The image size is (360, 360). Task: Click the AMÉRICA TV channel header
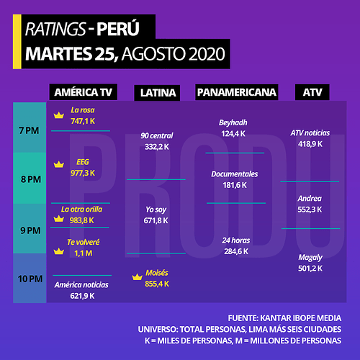(x=84, y=92)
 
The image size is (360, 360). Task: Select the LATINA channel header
(x=157, y=93)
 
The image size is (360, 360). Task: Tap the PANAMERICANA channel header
(x=237, y=92)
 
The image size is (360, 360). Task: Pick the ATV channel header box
(x=312, y=92)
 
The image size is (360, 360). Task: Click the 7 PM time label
(x=29, y=130)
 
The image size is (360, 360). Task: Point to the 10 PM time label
(x=30, y=279)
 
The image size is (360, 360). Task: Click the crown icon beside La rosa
(x=59, y=115)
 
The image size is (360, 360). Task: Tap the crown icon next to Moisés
(x=138, y=277)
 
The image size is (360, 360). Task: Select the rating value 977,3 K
(x=83, y=173)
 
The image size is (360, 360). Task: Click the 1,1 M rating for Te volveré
(x=84, y=253)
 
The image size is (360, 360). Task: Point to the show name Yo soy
(x=156, y=210)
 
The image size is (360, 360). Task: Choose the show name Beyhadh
(x=233, y=122)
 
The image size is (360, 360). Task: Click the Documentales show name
(x=235, y=174)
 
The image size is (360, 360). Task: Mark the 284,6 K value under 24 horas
(x=236, y=251)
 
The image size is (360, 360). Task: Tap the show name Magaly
(x=310, y=258)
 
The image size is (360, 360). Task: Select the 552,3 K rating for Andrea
(x=310, y=210)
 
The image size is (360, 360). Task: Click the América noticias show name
(x=81, y=285)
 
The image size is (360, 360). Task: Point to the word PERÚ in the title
(x=118, y=28)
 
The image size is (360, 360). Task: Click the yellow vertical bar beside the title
(x=17, y=42)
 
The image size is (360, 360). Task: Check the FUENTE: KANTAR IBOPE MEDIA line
(x=284, y=318)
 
